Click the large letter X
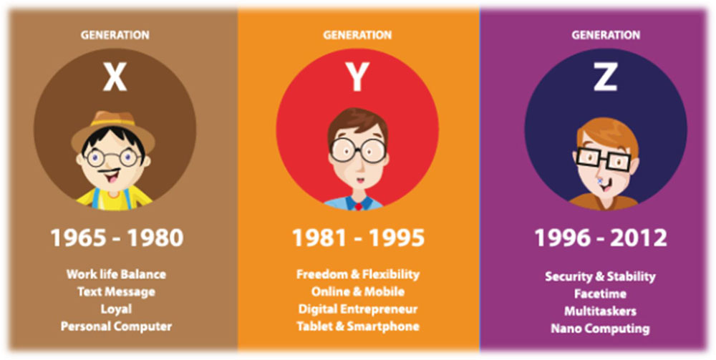pos(114,77)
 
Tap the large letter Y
pos(357,77)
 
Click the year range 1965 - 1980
pos(117,238)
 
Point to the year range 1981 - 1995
pos(358,238)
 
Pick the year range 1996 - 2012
pos(601,238)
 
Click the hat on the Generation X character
pos(113,130)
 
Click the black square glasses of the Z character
pos(603,158)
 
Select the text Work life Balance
pos(116,274)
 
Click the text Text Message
pos(116,291)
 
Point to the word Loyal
pos(116,309)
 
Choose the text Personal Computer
pos(116,326)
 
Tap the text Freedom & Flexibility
pos(357,274)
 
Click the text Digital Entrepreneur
pos(357,309)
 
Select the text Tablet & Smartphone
pos(357,326)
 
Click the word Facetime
pos(600,294)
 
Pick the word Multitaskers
pos(600,311)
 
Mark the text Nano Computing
pos(600,329)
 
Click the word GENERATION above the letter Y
pos(357,34)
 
